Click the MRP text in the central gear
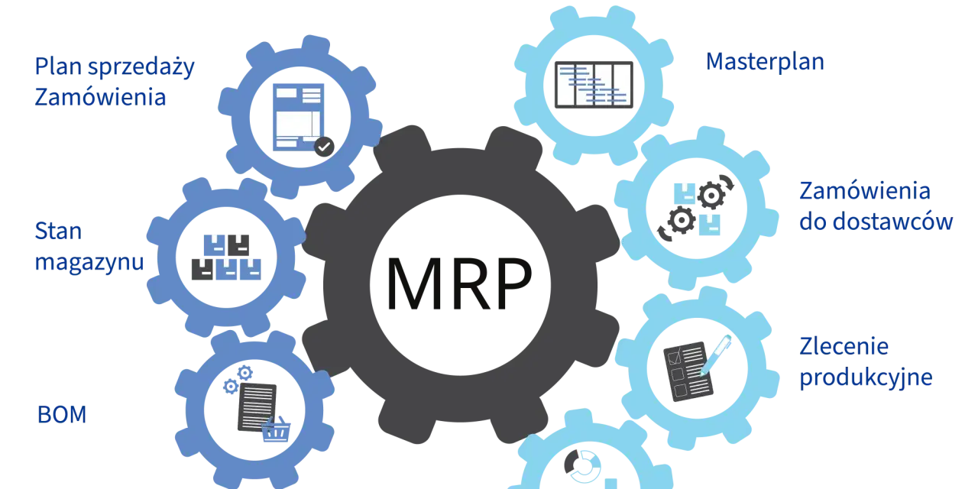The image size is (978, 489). point(459,283)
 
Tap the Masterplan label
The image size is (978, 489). point(765,62)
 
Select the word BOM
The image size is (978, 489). point(62,414)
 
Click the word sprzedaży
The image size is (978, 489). point(141,68)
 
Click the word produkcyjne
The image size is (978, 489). point(866,377)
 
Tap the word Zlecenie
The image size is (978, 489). point(844,346)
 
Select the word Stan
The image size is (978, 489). point(58,231)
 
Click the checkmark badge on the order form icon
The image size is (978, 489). point(325,147)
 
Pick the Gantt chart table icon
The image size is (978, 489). point(594,85)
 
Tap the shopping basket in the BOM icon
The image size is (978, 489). point(276,429)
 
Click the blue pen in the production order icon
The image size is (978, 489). point(716,355)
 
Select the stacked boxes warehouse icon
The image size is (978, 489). point(226,257)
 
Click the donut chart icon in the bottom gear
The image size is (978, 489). point(582,466)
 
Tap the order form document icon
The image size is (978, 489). point(299,117)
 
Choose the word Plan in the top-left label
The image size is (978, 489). point(59,66)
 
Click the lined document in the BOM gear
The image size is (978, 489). point(257,407)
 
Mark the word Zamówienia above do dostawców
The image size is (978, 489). point(865,191)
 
